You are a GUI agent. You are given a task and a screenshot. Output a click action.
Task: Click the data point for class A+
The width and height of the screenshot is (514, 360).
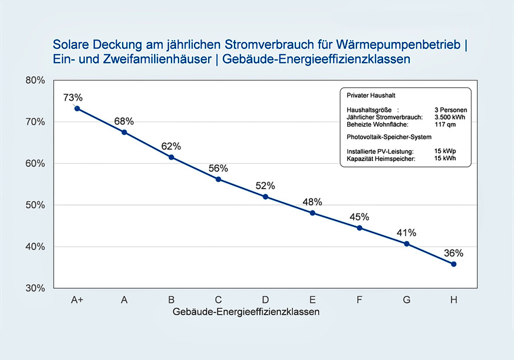tap(77, 108)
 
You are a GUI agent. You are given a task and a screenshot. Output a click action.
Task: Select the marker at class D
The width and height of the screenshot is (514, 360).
tap(265, 196)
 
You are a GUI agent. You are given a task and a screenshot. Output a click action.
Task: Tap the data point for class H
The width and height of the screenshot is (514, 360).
tap(453, 264)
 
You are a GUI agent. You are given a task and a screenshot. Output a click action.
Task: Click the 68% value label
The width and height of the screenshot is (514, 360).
tap(124, 121)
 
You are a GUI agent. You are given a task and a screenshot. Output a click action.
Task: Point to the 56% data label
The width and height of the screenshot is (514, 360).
tap(218, 169)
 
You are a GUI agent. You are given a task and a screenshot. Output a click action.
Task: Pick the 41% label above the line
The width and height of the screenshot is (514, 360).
tap(406, 232)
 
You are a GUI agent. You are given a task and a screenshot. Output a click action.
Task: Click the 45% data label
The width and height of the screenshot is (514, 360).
tap(360, 216)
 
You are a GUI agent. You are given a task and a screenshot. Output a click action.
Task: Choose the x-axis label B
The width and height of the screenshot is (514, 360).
tap(171, 300)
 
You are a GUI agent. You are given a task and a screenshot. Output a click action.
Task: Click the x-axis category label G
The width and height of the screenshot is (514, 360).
tap(406, 300)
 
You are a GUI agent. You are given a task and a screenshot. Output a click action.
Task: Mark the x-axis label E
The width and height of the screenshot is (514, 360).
tap(312, 300)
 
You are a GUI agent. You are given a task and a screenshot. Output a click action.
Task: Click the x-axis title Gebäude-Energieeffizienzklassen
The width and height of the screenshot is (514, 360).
tap(246, 312)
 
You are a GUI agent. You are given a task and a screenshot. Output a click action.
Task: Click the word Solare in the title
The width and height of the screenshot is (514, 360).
tap(68, 45)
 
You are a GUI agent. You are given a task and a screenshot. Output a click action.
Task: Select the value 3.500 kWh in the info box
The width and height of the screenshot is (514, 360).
tap(450, 117)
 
